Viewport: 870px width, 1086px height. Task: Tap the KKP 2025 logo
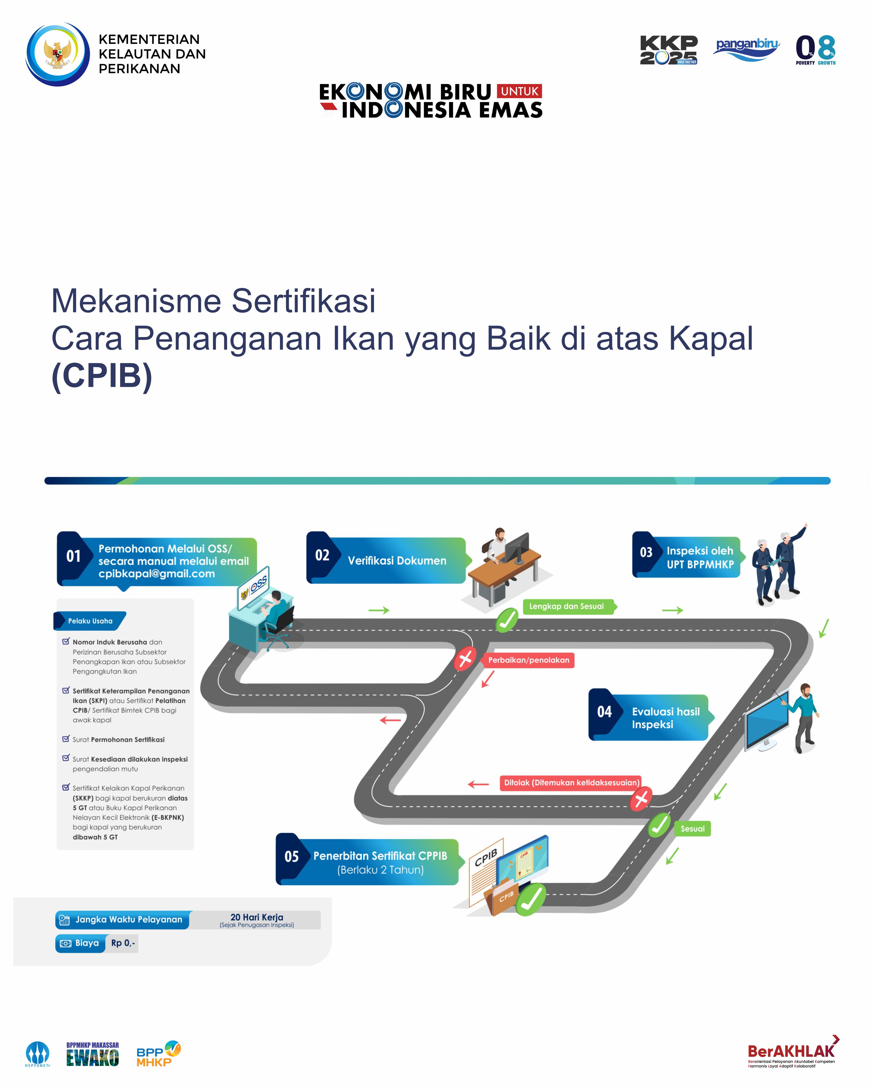tap(668, 50)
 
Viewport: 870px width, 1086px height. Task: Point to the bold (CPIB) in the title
tap(102, 376)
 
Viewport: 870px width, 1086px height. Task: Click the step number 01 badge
tap(74, 556)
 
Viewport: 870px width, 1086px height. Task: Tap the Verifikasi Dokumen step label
tap(397, 561)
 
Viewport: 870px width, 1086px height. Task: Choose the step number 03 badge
tap(646, 553)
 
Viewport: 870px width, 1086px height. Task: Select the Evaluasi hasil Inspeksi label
tap(666, 718)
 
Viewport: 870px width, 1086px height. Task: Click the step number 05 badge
tap(291, 856)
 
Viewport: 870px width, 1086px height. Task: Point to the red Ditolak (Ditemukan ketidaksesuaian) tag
tap(571, 783)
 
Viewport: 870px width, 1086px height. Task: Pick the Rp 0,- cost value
tap(123, 943)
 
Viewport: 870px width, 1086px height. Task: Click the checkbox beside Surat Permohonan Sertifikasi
tap(66, 739)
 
